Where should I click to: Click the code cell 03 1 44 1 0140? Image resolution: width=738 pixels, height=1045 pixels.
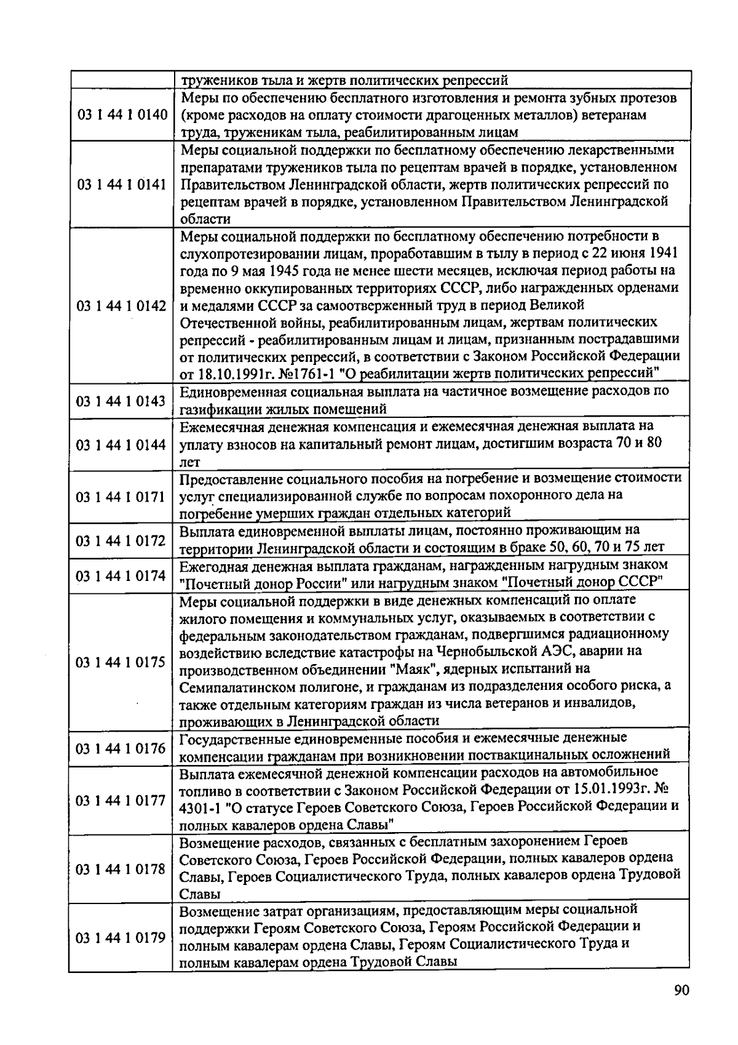coord(121,115)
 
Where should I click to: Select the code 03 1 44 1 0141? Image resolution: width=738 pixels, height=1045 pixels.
coord(121,185)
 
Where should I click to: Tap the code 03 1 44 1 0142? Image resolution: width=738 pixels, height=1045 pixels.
coord(121,306)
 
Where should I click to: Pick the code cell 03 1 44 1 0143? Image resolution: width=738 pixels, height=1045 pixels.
coord(121,401)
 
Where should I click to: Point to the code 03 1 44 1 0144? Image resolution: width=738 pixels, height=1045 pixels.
coord(121,444)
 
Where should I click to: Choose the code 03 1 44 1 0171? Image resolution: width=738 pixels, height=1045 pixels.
coord(121,496)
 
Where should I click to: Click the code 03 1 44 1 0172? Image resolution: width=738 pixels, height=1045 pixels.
coord(121,540)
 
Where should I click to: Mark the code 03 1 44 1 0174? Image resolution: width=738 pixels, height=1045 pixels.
coord(121,575)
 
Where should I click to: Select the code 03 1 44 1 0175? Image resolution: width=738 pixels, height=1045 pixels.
coord(121,662)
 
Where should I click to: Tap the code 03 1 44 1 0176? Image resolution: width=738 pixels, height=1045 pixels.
coord(121,748)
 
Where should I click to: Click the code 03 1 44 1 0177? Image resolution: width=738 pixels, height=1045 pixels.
coord(121,800)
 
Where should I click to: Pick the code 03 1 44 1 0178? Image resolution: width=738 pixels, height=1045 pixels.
coord(121,869)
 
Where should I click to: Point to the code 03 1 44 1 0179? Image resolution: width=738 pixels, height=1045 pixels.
coord(121,938)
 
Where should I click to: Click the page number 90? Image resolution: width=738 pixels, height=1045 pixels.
coord(681,990)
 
